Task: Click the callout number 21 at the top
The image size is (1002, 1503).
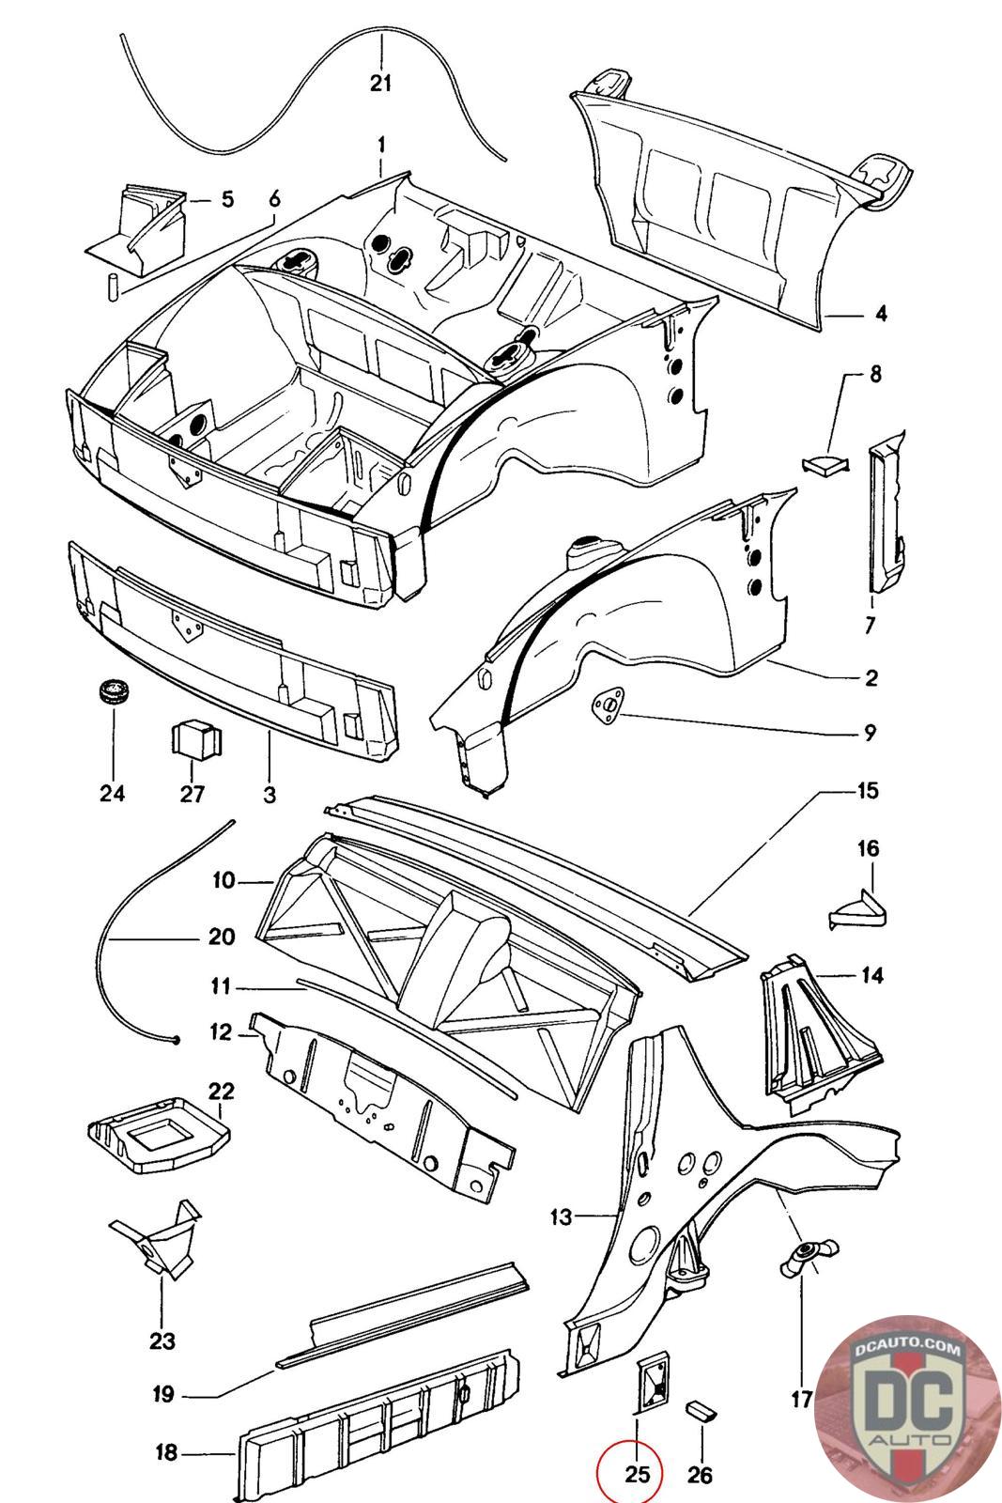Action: [x=380, y=84]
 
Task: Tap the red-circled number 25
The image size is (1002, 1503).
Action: [x=637, y=1473]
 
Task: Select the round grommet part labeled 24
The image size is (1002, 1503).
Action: [x=114, y=692]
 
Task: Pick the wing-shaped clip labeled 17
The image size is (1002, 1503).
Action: [x=809, y=1260]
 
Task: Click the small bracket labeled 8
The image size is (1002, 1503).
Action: [x=825, y=464]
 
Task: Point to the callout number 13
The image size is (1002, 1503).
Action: [x=561, y=1216]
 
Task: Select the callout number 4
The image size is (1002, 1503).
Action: [x=881, y=314]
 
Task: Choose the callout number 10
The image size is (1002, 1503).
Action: [x=224, y=880]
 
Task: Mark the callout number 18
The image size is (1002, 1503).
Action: [x=166, y=1453]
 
